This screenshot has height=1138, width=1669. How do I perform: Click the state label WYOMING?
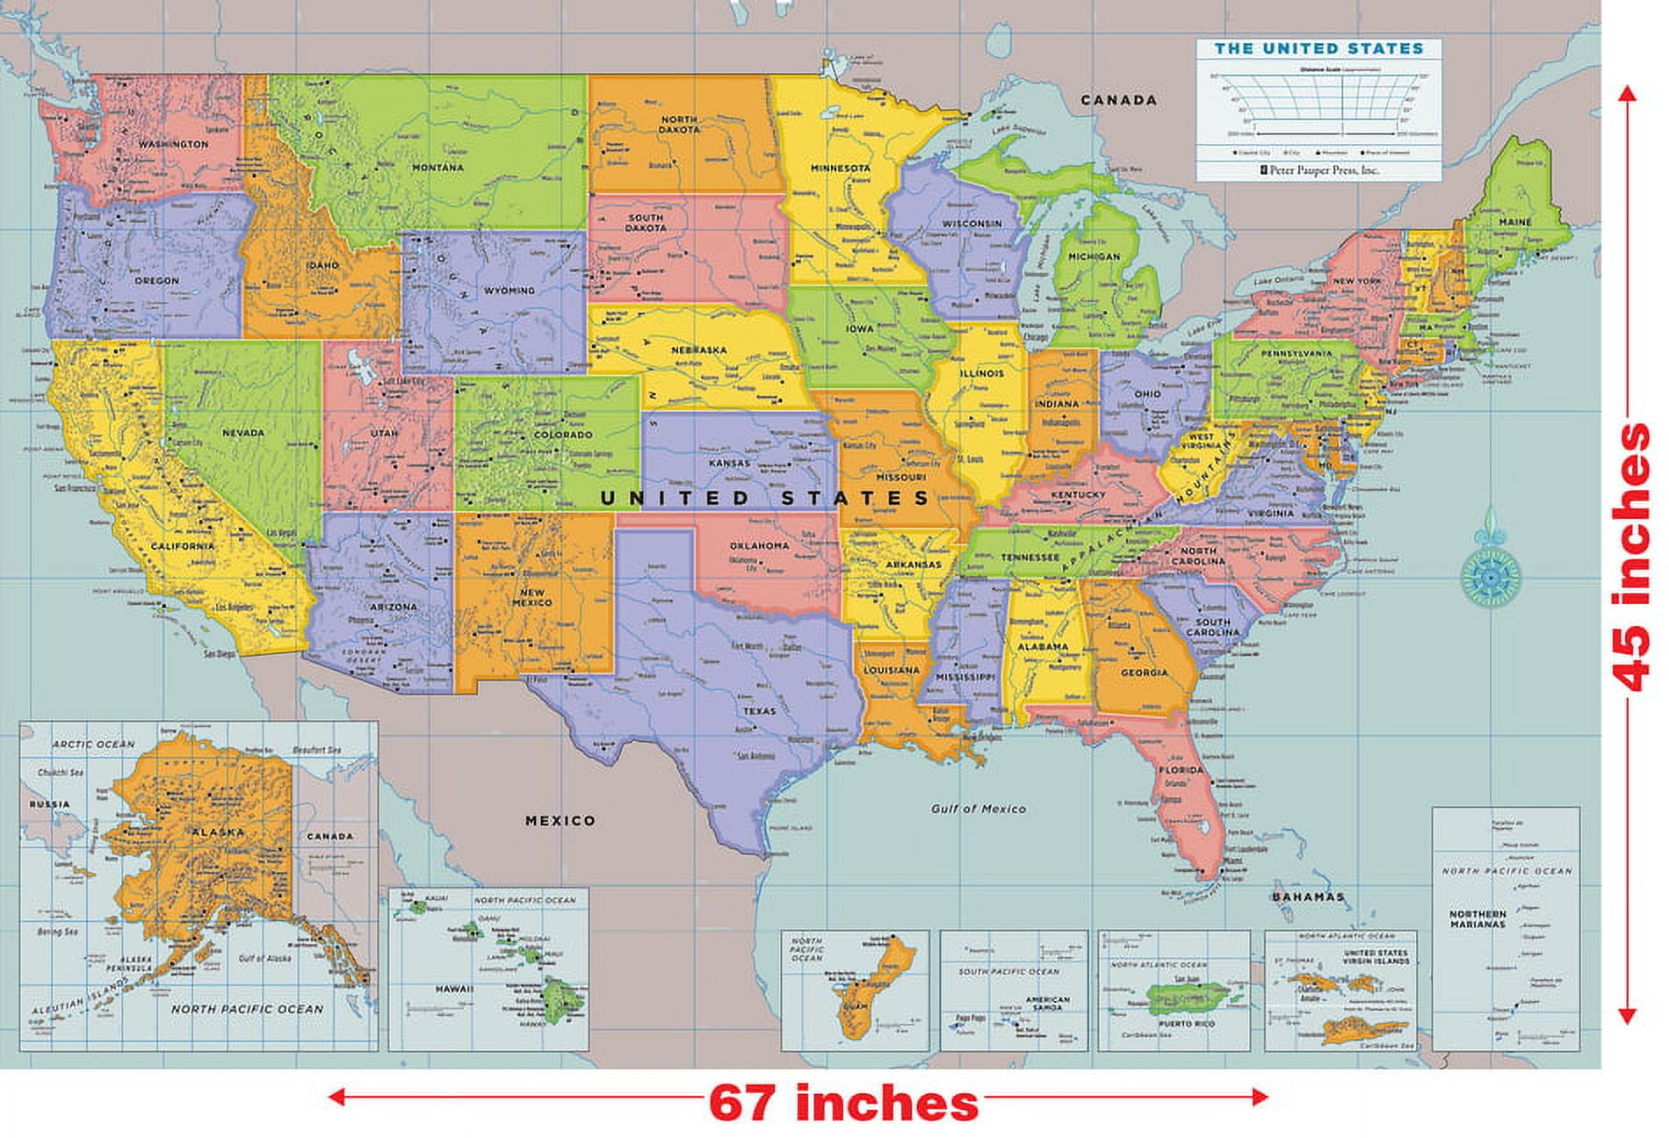pos(509,291)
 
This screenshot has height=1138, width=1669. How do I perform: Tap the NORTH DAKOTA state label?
pos(680,125)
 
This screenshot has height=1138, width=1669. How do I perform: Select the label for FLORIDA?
pos(1181,770)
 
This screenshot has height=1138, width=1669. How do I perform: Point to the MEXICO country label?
pos(560,821)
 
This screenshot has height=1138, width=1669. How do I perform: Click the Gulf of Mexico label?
pos(978,809)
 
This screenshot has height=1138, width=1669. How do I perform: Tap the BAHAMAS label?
pos(1308,897)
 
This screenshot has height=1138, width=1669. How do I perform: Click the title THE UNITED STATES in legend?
pos(1318,49)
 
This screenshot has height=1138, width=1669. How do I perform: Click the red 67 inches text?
pos(843,1103)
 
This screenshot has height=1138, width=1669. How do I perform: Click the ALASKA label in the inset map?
pos(217,832)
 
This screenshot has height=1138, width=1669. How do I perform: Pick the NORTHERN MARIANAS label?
pos(1478,918)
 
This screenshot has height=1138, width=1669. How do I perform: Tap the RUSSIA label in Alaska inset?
pos(48,804)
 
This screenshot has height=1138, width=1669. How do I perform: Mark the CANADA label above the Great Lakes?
pos(1118,100)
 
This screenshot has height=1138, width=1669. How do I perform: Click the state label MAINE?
pos(1514,222)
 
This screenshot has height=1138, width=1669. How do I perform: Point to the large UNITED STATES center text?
pos(764,498)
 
